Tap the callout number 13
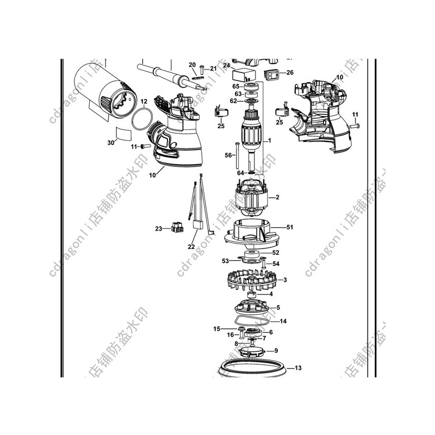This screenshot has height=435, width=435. (297, 368)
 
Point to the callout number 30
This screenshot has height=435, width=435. (111, 142)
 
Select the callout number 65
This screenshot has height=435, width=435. (236, 86)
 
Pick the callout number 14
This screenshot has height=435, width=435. (283, 321)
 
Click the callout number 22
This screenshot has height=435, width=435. (191, 247)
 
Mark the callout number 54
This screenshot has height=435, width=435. (276, 264)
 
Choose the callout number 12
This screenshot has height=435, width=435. (144, 102)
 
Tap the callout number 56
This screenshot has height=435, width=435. (228, 155)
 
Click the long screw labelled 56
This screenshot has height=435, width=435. (238, 154)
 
